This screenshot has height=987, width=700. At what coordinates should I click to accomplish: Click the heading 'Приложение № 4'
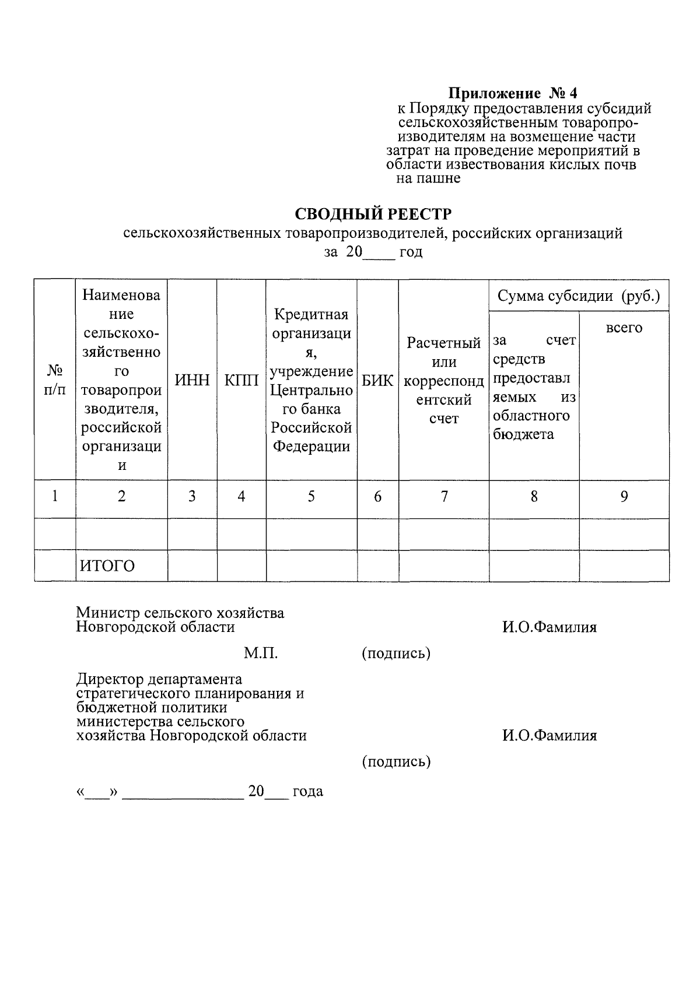(x=512, y=93)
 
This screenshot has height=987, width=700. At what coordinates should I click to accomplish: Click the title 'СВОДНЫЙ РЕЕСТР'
(x=373, y=213)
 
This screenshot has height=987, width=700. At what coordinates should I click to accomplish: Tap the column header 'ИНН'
(x=192, y=381)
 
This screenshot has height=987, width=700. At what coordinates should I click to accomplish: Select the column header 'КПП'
(x=242, y=381)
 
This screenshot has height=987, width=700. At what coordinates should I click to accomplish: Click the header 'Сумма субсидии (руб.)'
(x=579, y=296)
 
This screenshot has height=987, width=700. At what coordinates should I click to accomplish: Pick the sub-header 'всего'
(x=624, y=328)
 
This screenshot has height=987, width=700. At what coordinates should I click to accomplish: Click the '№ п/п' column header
(x=55, y=380)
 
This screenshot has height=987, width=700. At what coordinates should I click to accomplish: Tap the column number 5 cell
(x=311, y=497)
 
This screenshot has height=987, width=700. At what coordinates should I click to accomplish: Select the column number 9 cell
(x=624, y=497)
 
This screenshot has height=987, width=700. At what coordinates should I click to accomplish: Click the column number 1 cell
(x=55, y=497)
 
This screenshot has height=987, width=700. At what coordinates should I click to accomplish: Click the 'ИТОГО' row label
(x=107, y=566)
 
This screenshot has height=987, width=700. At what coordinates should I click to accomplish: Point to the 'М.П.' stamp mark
(x=260, y=654)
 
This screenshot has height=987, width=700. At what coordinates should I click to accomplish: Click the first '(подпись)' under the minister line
(x=396, y=654)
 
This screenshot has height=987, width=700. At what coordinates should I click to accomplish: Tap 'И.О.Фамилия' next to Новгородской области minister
(x=549, y=627)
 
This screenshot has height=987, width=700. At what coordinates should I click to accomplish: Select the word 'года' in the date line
(x=307, y=792)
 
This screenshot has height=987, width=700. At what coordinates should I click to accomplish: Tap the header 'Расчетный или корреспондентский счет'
(x=443, y=381)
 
